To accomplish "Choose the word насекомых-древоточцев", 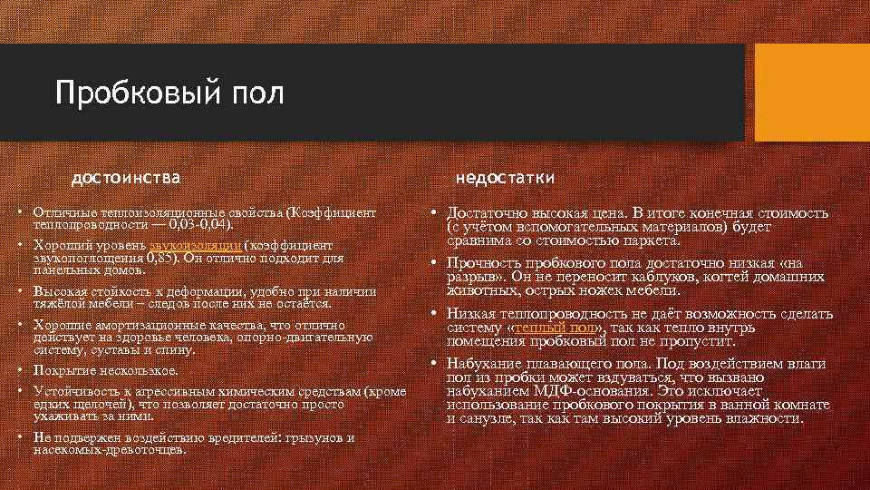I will [x=109, y=449].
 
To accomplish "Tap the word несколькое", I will [x=134, y=370].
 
